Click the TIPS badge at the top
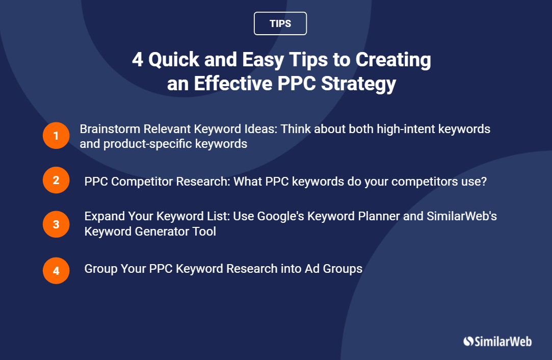pyautogui.click(x=280, y=23)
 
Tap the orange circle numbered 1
pyautogui.click(x=56, y=136)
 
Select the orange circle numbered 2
pyautogui.click(x=56, y=180)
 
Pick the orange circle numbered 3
pyautogui.click(x=56, y=224)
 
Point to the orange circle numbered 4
pyautogui.click(x=56, y=271)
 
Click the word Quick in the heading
pyautogui.click(x=174, y=60)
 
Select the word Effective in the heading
pyautogui.click(x=233, y=84)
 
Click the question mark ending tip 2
pyautogui.click(x=484, y=182)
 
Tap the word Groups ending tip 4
pyautogui.click(x=343, y=269)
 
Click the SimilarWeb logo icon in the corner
pyautogui.click(x=468, y=341)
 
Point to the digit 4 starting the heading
pyautogui.click(x=138, y=60)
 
